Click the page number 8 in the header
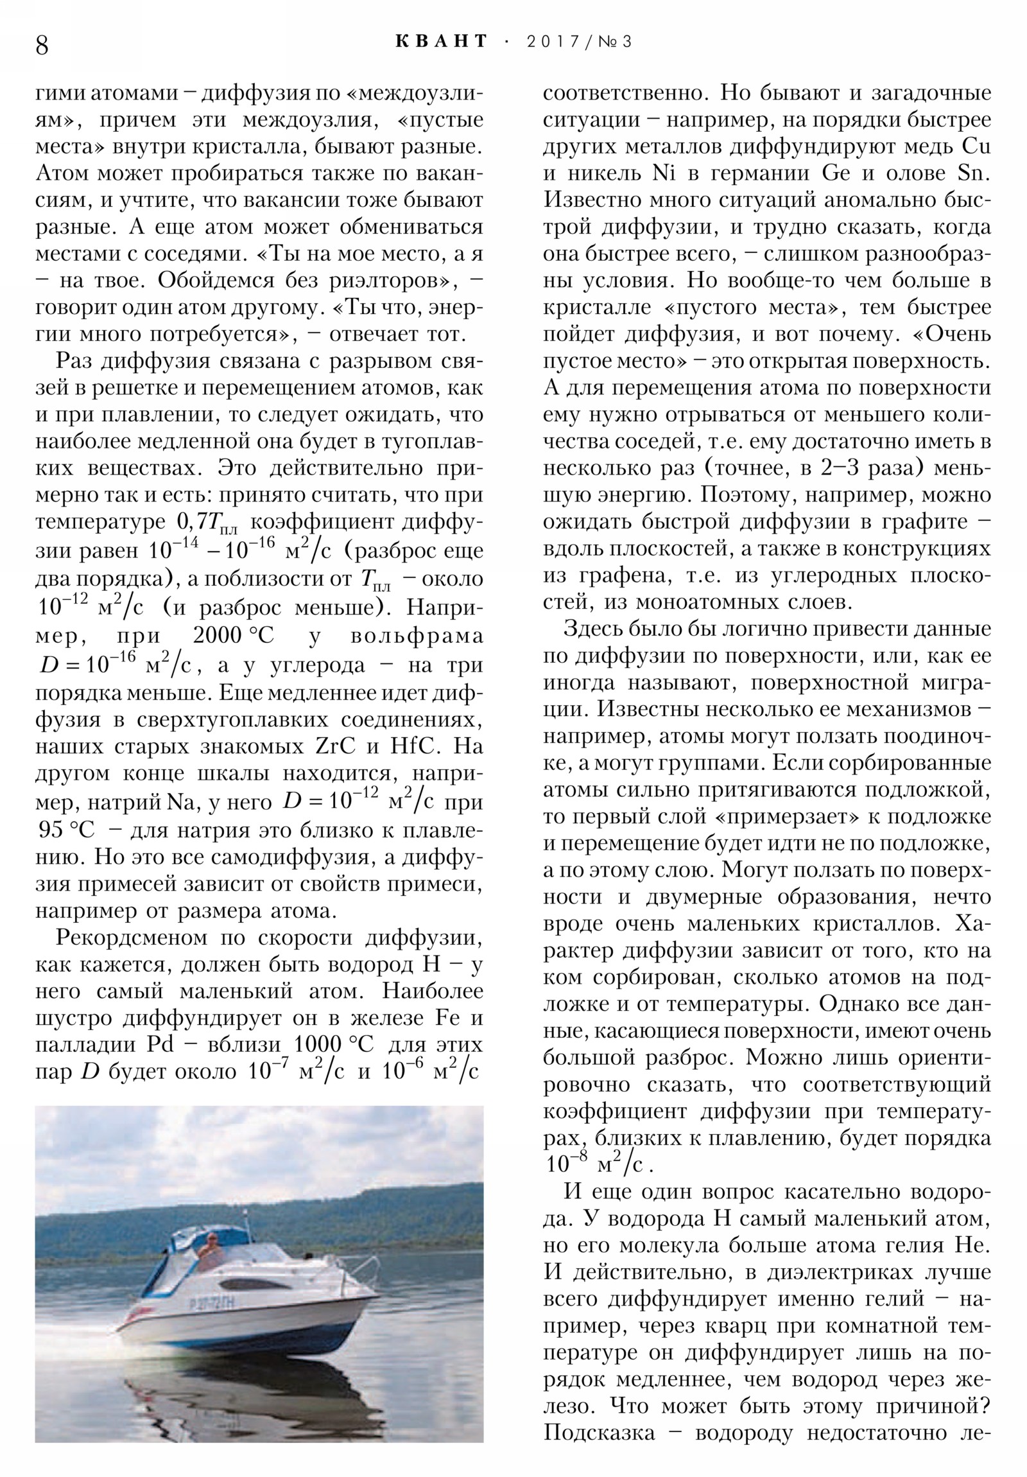coord(42,46)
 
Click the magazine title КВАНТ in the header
coord(441,42)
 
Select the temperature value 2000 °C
coord(234,636)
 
